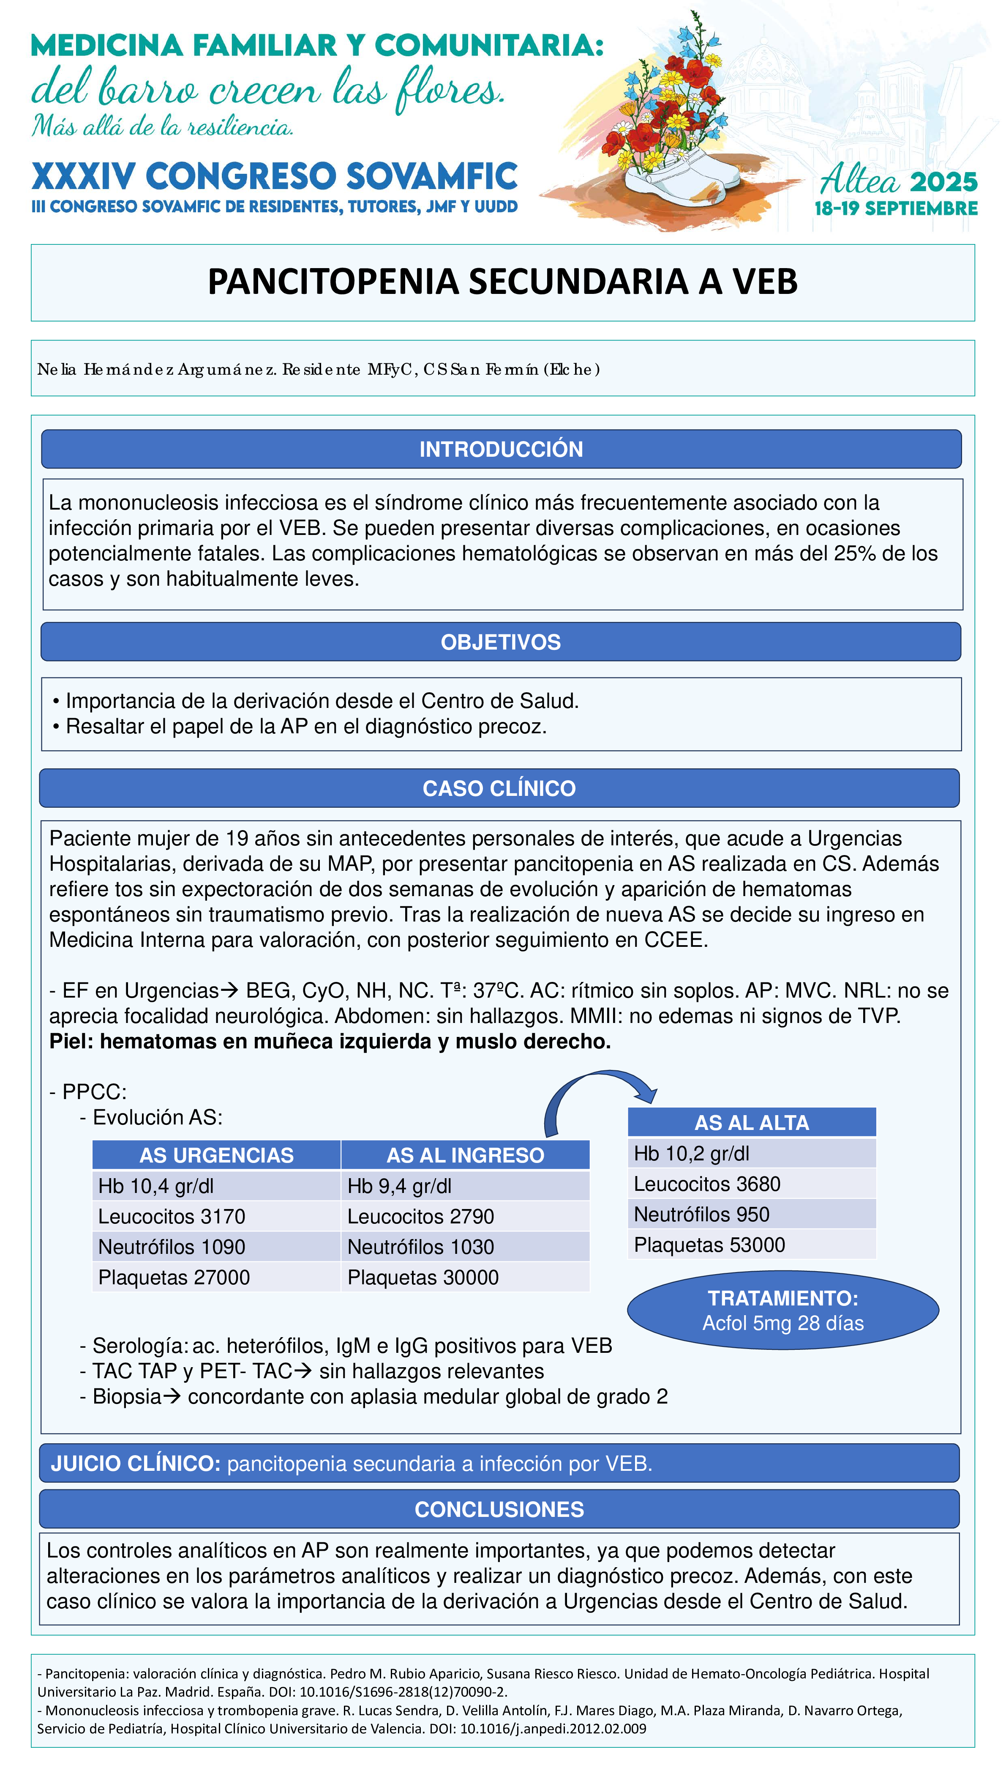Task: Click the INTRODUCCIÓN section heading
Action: click(501, 450)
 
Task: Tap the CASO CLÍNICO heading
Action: click(499, 788)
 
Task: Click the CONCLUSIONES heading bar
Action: click(499, 1509)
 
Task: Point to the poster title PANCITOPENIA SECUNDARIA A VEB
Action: click(502, 282)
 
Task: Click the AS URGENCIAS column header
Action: click(216, 1155)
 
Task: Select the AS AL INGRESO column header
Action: click(465, 1155)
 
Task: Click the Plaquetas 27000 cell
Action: click(174, 1277)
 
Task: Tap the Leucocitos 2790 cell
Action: click(421, 1216)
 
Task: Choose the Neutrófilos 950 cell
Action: click(701, 1214)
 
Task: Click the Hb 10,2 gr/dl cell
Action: click(692, 1153)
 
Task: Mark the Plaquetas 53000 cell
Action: click(709, 1245)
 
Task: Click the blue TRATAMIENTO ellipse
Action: click(783, 1310)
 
